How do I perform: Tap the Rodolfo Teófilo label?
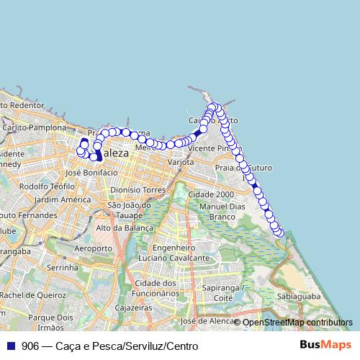(x=48, y=186)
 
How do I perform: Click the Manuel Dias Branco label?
(x=223, y=211)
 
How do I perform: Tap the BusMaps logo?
(x=325, y=345)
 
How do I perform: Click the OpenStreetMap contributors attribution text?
(x=297, y=323)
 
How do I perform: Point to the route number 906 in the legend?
(x=30, y=346)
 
